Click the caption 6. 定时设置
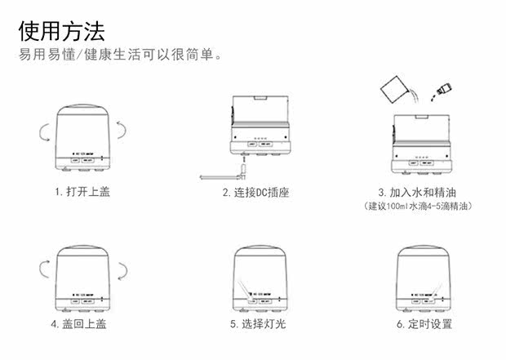click(x=424, y=324)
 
